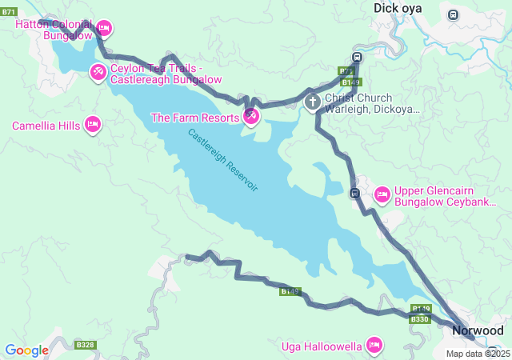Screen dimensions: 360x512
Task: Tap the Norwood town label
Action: (x=478, y=330)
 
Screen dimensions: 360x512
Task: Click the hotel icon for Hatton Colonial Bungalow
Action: (x=103, y=29)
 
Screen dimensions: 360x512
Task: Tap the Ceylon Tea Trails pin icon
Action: (x=98, y=73)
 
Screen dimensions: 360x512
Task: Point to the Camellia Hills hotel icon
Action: (x=93, y=125)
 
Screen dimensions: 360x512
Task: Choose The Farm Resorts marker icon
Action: (x=250, y=117)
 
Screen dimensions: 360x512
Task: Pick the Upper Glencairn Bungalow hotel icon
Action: (x=382, y=194)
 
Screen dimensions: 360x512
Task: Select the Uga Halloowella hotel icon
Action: (x=373, y=345)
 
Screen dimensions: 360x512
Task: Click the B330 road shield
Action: (x=420, y=319)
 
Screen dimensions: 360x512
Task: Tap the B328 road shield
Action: (x=85, y=345)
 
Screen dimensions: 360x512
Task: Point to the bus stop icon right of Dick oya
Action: (x=454, y=14)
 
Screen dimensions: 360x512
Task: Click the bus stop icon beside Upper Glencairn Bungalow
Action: (x=354, y=193)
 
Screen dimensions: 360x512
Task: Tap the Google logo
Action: (x=26, y=350)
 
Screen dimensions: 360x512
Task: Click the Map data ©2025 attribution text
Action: (x=478, y=354)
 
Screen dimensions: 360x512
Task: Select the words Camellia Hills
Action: (x=46, y=126)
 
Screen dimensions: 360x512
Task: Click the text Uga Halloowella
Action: (x=322, y=346)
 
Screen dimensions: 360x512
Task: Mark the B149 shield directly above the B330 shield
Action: (x=421, y=309)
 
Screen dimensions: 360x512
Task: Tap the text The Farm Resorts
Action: (x=195, y=118)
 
